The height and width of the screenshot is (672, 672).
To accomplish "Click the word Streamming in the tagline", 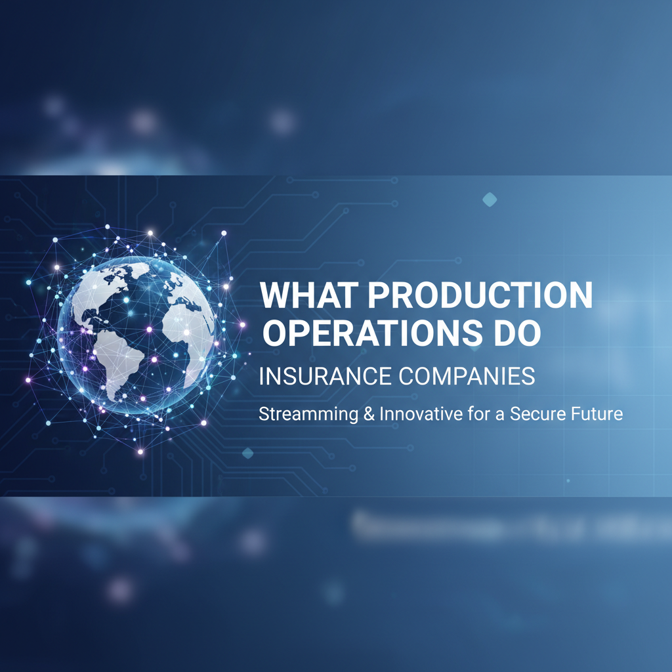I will (x=303, y=415).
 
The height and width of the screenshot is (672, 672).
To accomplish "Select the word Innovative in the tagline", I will (x=402, y=415).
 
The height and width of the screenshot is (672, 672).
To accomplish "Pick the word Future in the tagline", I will (x=598, y=415).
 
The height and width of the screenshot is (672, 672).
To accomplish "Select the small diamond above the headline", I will (x=490, y=199).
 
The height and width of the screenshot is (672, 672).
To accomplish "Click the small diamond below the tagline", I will (x=247, y=453).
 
